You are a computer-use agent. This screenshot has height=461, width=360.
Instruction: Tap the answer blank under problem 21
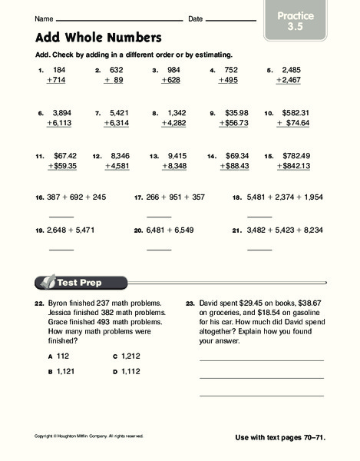259,249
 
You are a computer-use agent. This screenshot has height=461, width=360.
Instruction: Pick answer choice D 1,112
127,372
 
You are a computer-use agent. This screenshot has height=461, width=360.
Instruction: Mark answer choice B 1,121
63,372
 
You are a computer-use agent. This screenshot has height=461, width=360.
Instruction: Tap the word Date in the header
195,18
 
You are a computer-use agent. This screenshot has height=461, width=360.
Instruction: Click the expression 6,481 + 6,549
170,230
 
